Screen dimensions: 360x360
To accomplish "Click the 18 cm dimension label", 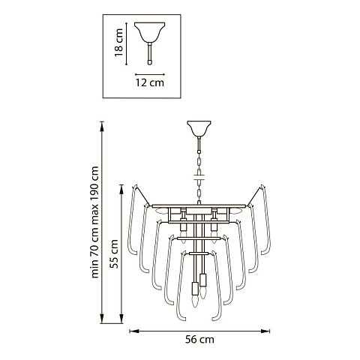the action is pyautogui.click(x=118, y=43).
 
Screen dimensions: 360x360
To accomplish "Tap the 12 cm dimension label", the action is pyautogui.click(x=150, y=82).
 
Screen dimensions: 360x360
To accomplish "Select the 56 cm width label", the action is pyautogui.click(x=199, y=340).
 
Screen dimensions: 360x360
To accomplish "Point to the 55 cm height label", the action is pyautogui.click(x=114, y=253).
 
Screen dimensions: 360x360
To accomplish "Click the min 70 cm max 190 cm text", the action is pyautogui.click(x=94, y=222).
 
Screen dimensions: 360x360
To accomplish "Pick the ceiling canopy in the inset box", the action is pyautogui.click(x=149, y=32).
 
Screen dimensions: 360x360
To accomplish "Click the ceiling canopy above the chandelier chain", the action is pyautogui.click(x=199, y=128).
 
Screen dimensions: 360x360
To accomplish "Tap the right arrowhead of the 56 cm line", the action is pyautogui.click(x=265, y=331).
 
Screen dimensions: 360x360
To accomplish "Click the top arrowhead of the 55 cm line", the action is pyautogui.click(x=121, y=189).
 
